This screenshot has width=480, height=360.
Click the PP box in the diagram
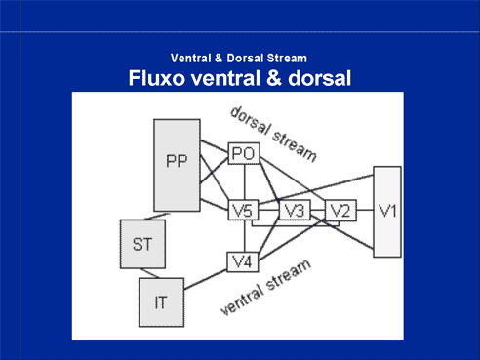tap(177, 165)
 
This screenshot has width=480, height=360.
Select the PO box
tap(244, 153)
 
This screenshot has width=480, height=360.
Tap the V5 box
tap(244, 210)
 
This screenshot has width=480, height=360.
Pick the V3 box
tap(295, 210)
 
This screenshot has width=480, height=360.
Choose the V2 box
tap(340, 211)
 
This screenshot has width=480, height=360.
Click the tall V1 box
tap(387, 212)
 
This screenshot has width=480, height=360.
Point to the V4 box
tap(243, 261)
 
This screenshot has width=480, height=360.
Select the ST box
tap(142, 244)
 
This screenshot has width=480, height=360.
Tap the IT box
tap(161, 302)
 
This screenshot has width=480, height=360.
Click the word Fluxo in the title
tap(156, 78)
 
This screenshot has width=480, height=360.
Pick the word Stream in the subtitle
tap(286, 59)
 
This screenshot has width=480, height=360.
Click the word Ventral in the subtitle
tap(190, 59)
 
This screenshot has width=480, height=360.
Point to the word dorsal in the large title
tap(319, 78)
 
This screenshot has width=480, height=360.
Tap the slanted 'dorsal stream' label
tap(273, 134)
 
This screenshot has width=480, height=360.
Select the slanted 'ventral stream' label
tap(265, 287)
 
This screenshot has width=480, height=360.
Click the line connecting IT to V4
tap(206, 279)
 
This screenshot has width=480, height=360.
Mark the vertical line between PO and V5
tap(245, 181)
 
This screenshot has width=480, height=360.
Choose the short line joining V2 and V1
tap(365, 210)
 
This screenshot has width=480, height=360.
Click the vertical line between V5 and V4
tap(245, 236)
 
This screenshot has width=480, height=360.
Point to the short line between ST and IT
tap(150, 273)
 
